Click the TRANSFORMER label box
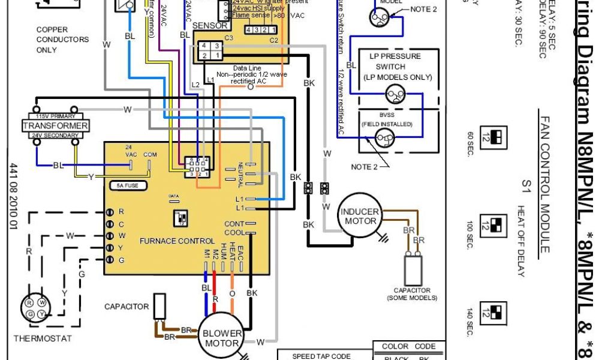pos(55,126)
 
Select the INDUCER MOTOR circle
pos(360,217)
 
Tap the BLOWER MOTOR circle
pos(222,338)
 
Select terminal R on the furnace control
pos(110,212)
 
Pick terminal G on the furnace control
pos(110,260)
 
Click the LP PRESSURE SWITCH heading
pos(395,66)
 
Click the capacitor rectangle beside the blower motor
pos(159,307)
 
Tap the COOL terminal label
pos(234,233)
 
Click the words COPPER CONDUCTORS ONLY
pos(62,40)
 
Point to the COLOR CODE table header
pos(408,346)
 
